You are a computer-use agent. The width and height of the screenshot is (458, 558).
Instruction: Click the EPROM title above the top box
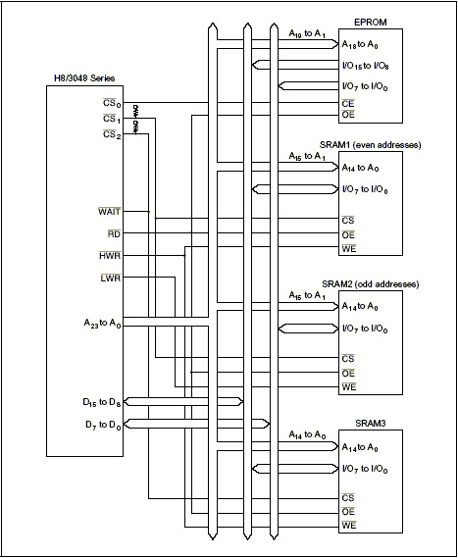tap(370, 22)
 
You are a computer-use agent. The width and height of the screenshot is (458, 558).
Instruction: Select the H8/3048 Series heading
tap(84, 78)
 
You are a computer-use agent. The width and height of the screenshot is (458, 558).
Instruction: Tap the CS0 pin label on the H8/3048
tap(112, 103)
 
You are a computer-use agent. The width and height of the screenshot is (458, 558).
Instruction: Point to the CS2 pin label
tap(112, 135)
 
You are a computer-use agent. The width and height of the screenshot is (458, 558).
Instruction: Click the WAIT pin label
tap(110, 212)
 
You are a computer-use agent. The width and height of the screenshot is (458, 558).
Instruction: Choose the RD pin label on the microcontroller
tap(114, 233)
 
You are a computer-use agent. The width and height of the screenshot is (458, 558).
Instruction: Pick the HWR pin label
tap(110, 256)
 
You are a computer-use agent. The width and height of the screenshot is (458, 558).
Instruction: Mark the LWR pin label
tap(111, 278)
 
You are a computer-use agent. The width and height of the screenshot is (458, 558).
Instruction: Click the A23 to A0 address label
tap(103, 324)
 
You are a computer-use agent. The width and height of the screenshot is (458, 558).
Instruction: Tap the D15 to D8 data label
tap(102, 402)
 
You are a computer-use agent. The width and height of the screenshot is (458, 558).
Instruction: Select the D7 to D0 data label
tap(103, 425)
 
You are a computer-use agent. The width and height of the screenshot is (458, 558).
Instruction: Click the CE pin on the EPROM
tap(348, 104)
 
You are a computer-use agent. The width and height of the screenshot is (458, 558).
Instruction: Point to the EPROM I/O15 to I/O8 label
tap(365, 66)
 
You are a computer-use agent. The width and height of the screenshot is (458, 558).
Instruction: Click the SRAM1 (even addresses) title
tap(370, 145)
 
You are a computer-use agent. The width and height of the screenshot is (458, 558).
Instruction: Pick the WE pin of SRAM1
tap(349, 248)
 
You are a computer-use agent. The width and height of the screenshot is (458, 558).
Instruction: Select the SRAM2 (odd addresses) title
tap(370, 284)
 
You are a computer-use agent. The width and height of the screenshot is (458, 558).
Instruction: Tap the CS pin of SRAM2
tap(348, 358)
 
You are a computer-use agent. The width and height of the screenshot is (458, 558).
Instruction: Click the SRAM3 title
tap(370, 424)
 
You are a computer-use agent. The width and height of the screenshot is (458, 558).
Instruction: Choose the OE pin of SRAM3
tap(348, 512)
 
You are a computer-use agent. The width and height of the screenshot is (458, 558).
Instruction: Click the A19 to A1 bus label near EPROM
tap(307, 34)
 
